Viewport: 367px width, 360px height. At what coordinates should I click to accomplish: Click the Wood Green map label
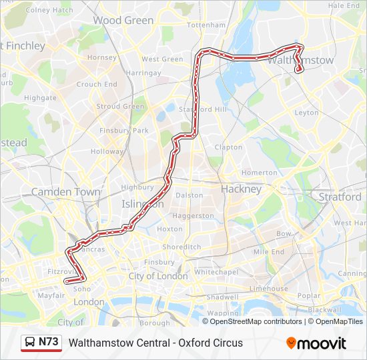(x=123, y=21)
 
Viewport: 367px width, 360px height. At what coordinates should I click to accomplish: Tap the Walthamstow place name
(x=301, y=60)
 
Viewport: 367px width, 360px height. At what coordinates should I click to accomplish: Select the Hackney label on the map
(x=241, y=189)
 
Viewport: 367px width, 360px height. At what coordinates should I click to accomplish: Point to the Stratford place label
(x=340, y=197)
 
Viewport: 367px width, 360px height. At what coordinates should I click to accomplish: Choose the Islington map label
(x=142, y=204)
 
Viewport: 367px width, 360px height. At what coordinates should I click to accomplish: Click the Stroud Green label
(x=120, y=107)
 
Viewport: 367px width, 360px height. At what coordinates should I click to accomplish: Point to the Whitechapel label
(x=216, y=272)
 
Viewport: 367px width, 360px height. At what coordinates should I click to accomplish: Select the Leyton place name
(x=306, y=113)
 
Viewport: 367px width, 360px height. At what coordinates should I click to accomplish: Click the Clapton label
(x=228, y=147)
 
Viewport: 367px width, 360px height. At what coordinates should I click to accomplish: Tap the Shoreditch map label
(x=181, y=247)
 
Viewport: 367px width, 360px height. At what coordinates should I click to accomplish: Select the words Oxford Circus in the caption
(x=211, y=343)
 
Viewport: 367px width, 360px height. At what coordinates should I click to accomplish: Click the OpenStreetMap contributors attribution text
(x=256, y=321)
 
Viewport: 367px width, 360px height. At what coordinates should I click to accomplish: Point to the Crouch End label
(x=97, y=85)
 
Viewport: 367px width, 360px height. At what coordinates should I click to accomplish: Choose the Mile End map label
(x=269, y=252)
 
